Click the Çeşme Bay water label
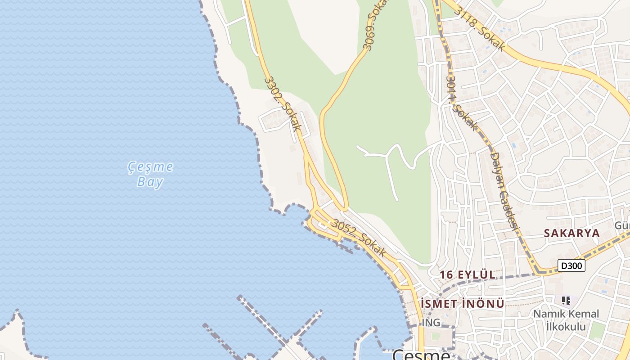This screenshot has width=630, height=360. (150, 174)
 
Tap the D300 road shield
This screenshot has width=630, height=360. (571, 266)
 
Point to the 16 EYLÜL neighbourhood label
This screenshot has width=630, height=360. (468, 274)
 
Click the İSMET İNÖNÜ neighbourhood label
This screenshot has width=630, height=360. (463, 303)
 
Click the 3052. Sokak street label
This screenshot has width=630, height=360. (359, 238)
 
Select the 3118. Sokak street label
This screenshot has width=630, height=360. (479, 28)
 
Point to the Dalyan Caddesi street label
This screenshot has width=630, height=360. (504, 193)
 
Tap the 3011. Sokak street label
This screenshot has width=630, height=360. (460, 103)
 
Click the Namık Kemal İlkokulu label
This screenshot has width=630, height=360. (566, 320)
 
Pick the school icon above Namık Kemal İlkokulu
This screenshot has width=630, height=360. (567, 300)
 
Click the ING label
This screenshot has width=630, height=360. (431, 323)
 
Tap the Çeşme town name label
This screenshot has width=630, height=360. (421, 355)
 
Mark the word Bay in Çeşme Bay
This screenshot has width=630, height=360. (150, 182)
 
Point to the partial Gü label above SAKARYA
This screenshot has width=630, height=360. (623, 225)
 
